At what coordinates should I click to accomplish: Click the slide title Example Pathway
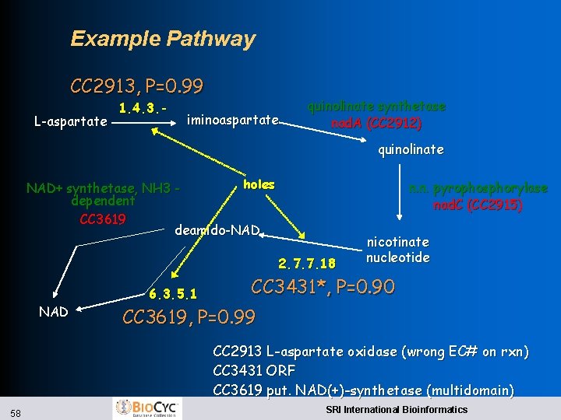[x=162, y=39]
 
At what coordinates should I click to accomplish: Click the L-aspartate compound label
[x=71, y=121]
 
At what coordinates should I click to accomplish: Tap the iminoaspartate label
[x=233, y=120]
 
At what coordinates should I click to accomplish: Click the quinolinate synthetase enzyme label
[x=376, y=107]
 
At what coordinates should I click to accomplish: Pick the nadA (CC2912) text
[x=376, y=123]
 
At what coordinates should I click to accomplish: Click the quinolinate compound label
[x=411, y=149]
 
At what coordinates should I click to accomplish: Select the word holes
[x=259, y=184]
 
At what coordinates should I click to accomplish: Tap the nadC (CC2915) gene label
[x=478, y=205]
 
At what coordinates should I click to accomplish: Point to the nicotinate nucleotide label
[x=397, y=250]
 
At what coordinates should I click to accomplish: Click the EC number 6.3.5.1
[x=172, y=294]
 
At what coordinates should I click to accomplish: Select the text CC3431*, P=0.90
[x=323, y=287]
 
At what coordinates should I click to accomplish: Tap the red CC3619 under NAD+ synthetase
[x=103, y=218]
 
